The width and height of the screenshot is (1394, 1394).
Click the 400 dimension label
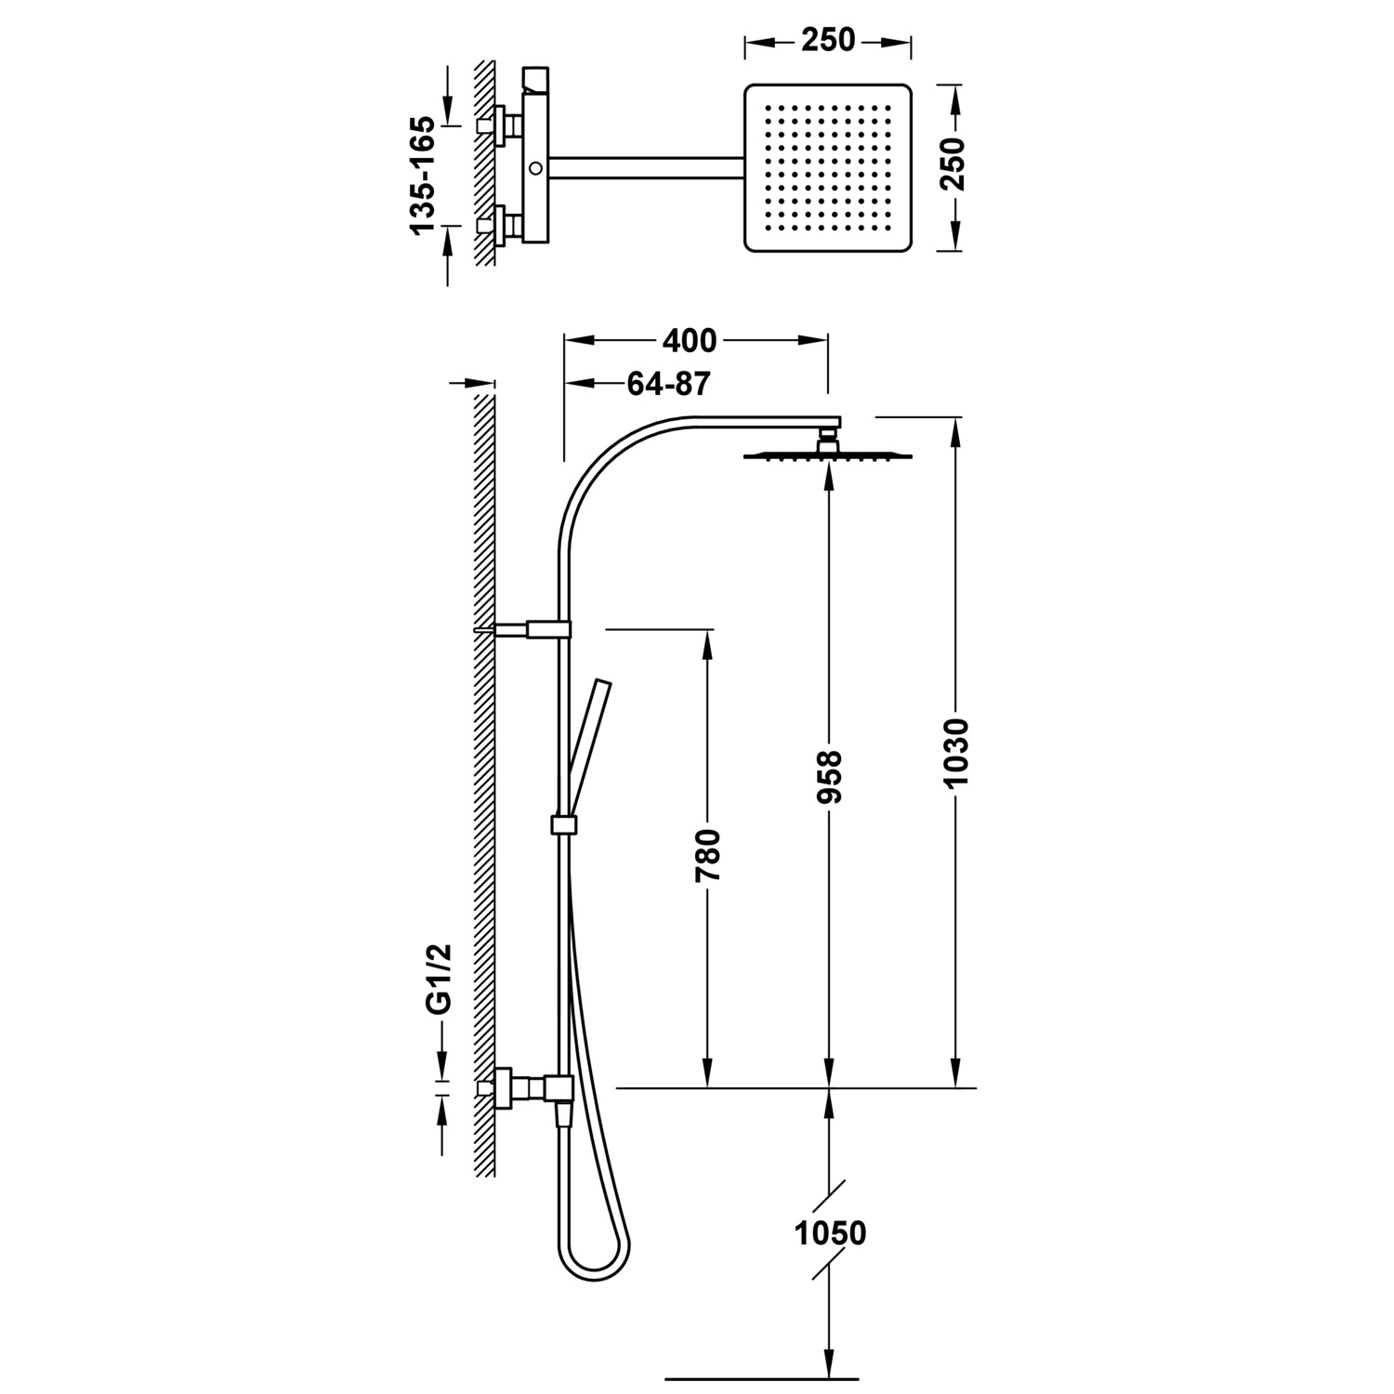(690, 341)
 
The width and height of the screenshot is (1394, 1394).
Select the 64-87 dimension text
(668, 384)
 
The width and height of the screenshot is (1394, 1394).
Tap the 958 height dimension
(828, 776)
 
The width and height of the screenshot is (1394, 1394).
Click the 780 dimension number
(708, 855)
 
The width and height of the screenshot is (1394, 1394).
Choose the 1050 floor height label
(830, 1233)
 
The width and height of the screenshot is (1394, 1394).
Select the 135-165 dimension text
(422, 175)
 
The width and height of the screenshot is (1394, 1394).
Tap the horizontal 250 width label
(827, 40)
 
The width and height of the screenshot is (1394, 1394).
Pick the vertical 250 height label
(954, 164)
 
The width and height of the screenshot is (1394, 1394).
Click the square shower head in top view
(827, 167)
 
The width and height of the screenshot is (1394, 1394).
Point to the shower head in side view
(827, 454)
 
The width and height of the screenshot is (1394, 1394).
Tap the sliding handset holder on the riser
(563, 824)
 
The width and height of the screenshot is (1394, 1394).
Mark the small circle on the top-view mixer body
(536, 168)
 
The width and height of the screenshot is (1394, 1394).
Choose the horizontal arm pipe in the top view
(647, 167)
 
